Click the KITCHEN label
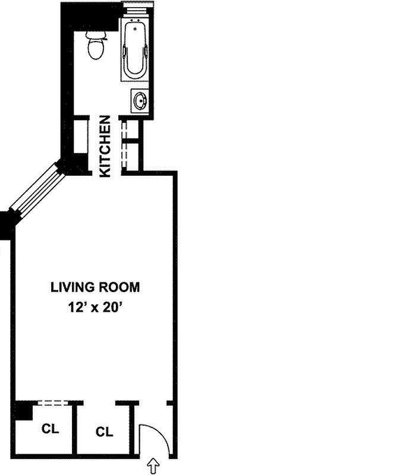(x=105, y=145)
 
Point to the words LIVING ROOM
(x=95, y=288)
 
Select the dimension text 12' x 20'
(x=95, y=308)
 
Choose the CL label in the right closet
(x=105, y=432)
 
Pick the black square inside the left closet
(x=23, y=411)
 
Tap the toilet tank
(x=96, y=34)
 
